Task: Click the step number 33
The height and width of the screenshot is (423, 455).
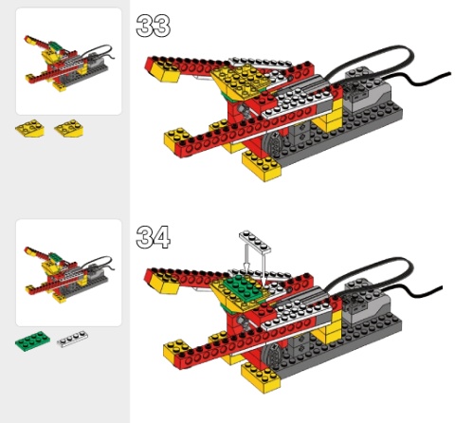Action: (x=154, y=26)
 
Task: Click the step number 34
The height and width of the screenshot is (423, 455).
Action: (x=154, y=237)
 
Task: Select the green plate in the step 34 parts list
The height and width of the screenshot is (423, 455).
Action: (x=32, y=340)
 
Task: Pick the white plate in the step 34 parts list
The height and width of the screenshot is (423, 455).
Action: (x=72, y=339)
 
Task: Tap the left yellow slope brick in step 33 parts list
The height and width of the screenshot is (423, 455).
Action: (x=29, y=128)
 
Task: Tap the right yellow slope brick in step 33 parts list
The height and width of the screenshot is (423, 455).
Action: (x=69, y=128)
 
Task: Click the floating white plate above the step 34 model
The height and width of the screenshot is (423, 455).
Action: (x=255, y=242)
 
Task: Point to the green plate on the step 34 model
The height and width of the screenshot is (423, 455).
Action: (x=244, y=286)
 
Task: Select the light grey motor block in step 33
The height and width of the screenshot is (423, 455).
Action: (x=367, y=90)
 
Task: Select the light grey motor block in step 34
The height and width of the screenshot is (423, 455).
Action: (x=366, y=301)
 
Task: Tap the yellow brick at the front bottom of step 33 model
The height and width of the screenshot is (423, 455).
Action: (x=262, y=166)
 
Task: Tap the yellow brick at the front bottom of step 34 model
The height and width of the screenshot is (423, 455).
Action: (x=261, y=377)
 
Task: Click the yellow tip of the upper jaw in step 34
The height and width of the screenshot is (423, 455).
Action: (x=164, y=283)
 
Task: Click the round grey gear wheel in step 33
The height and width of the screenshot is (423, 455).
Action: (x=272, y=145)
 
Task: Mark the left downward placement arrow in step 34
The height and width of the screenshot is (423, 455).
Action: (x=246, y=258)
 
